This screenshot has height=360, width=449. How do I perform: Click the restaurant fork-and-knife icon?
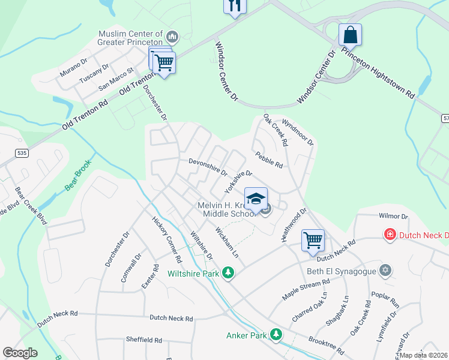[235, 5]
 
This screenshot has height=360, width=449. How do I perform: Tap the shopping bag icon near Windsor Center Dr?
[350, 34]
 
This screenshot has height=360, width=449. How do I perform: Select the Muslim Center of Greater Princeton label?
[130, 38]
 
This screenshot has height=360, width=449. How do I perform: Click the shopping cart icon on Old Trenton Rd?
[163, 62]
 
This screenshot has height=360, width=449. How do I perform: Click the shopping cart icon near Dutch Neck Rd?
[313, 241]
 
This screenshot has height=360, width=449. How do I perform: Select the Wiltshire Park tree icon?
[228, 274]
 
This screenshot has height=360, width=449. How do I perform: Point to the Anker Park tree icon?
[276, 334]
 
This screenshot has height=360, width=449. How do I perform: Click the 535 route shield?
[22, 154]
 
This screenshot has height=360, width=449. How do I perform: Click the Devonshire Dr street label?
[208, 166]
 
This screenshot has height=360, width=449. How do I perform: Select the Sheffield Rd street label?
[144, 340]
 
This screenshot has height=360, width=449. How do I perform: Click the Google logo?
[20, 353]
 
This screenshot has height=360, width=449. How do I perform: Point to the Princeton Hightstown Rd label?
[379, 73]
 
